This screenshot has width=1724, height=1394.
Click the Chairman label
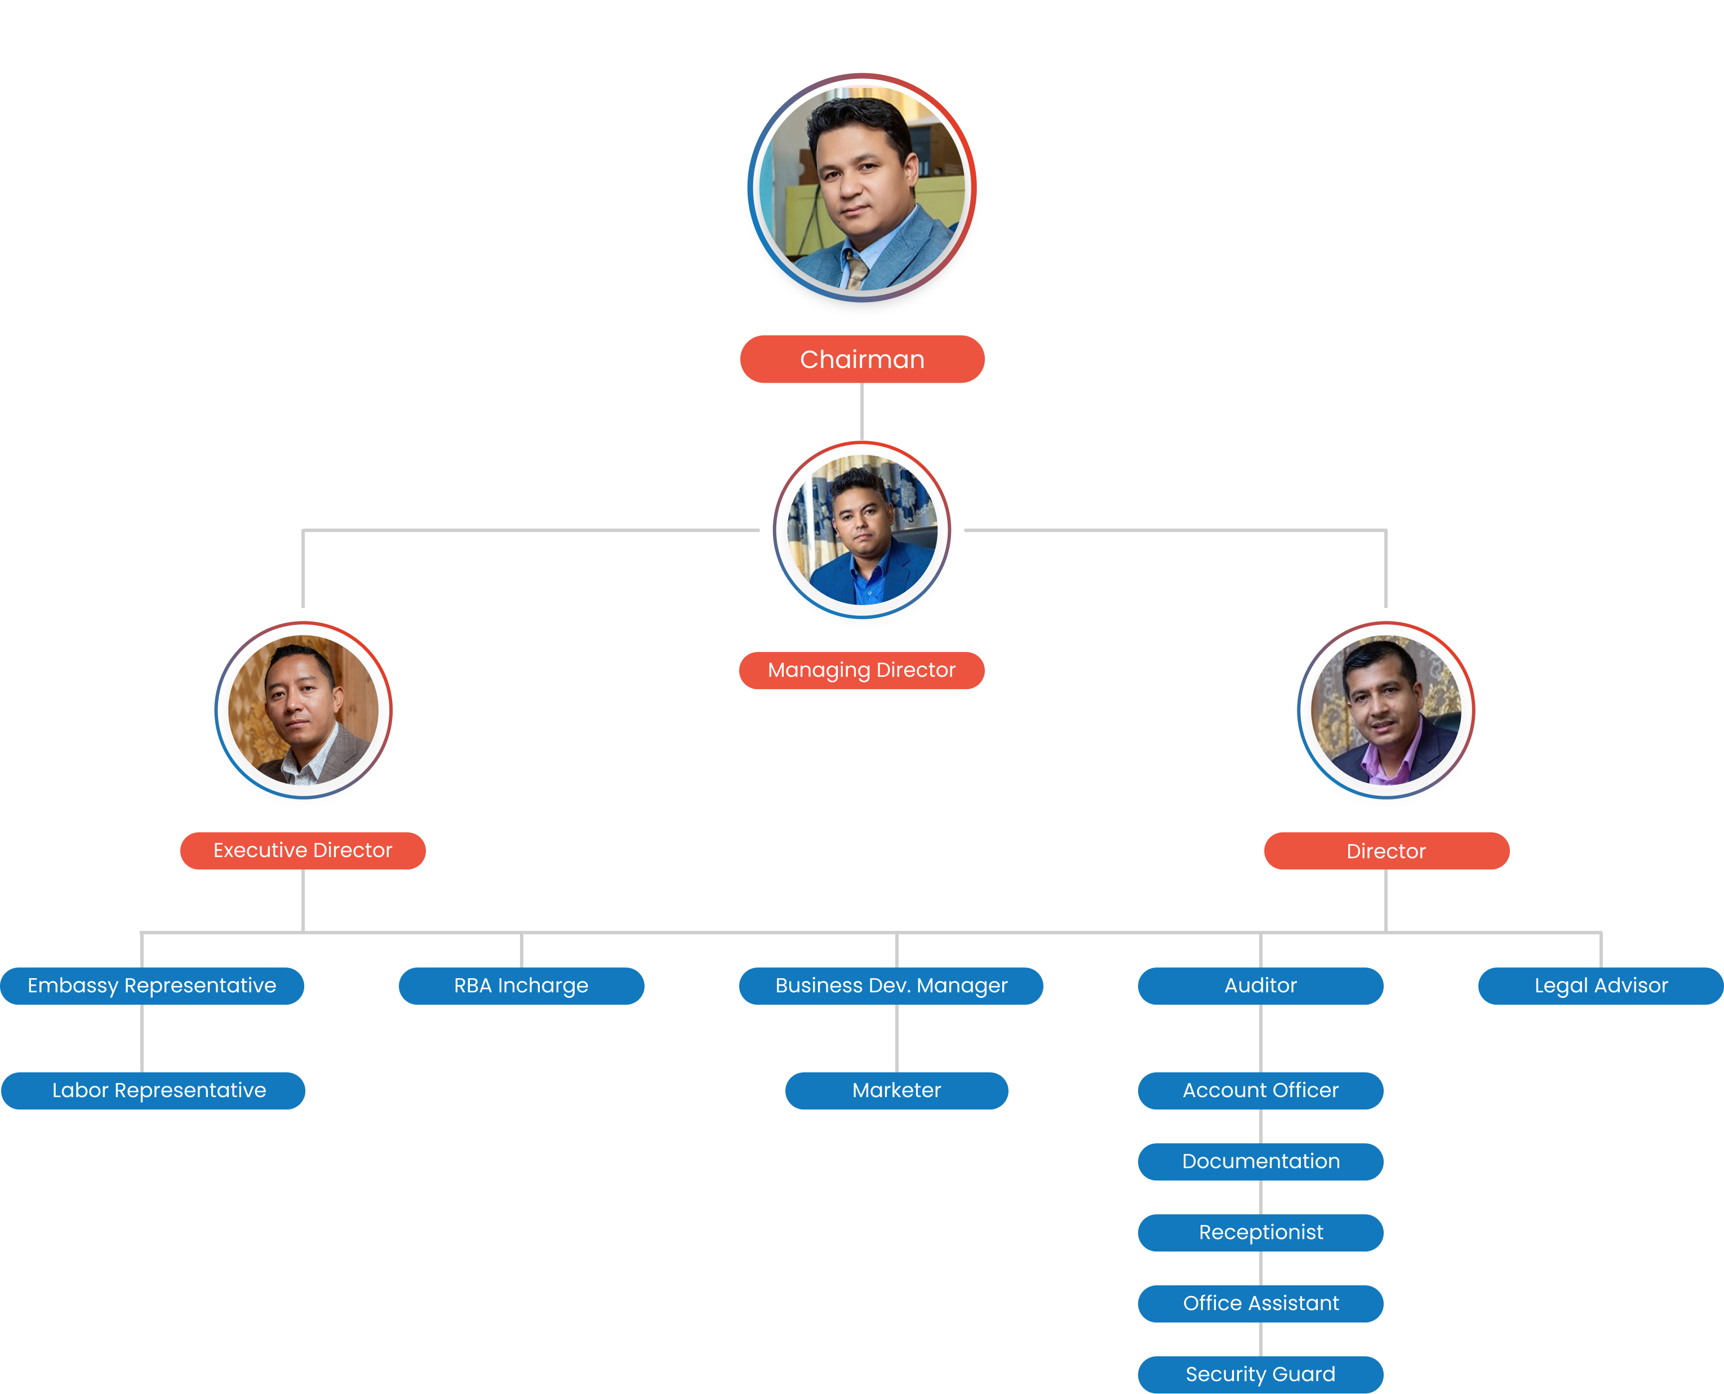click(861, 359)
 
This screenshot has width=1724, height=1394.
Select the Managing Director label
click(861, 671)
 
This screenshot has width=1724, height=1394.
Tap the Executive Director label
click(303, 850)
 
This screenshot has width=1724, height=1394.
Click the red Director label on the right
click(1386, 851)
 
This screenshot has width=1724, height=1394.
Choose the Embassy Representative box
click(152, 986)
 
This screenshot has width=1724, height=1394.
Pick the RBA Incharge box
click(521, 986)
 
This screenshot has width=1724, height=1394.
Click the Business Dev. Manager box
click(891, 986)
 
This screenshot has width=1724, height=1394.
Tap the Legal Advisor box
click(1601, 986)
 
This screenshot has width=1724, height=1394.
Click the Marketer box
click(896, 1090)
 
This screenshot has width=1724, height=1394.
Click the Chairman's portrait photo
click(861, 188)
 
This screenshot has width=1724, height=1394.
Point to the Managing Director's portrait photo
click(861, 530)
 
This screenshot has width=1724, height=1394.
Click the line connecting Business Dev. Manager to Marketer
click(897, 1038)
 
